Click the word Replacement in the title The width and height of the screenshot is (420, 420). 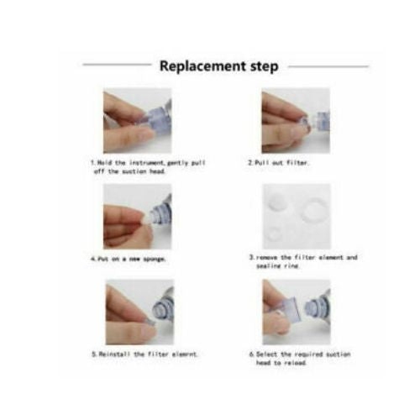coord(197,66)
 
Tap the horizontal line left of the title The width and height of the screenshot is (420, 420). coord(117,66)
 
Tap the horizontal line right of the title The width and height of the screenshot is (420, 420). coord(328,66)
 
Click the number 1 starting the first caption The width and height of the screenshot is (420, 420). coord(92,161)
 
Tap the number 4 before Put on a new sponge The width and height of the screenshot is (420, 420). coord(92,259)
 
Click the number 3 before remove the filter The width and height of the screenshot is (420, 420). coord(249,256)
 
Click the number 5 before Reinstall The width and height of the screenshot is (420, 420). coord(92,354)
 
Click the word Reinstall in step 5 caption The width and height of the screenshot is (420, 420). coord(113,354)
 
